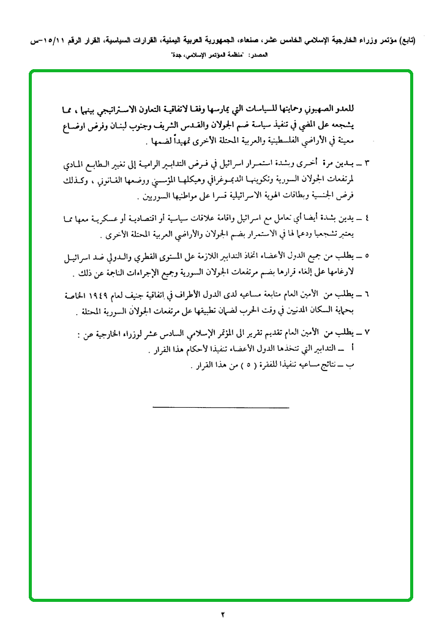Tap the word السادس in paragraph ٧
coord(171,334)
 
